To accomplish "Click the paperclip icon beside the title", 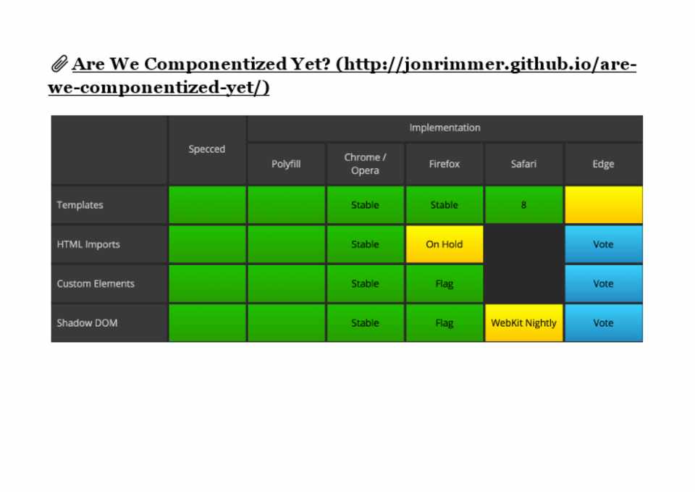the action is (x=59, y=64).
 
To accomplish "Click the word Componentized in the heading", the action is (x=216, y=64).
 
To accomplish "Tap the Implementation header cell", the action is (x=445, y=128).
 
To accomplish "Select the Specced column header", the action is (x=207, y=149).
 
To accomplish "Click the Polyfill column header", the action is (x=287, y=164).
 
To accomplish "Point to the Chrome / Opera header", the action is (x=365, y=164).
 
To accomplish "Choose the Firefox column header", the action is (x=444, y=164).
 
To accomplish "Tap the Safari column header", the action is (x=523, y=164).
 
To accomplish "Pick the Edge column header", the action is (x=603, y=164).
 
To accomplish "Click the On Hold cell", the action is (x=444, y=244).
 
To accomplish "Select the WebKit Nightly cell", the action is (x=523, y=323).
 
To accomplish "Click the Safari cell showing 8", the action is (x=523, y=205).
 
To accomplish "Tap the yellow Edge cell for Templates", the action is (x=603, y=205).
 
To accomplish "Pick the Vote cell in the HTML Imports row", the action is (x=603, y=244).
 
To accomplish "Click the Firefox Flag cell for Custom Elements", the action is (x=444, y=283).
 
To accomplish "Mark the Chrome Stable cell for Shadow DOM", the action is (x=365, y=323).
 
